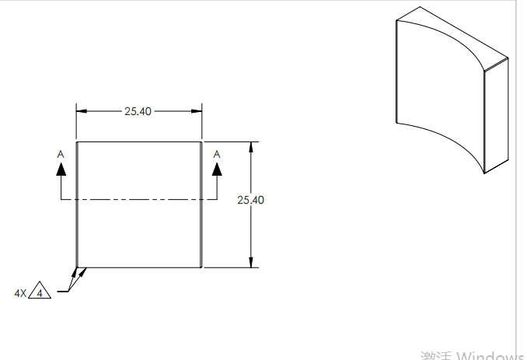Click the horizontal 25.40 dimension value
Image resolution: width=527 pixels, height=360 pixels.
pos(138,111)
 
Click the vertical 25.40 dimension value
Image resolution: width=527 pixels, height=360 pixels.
pos(250,200)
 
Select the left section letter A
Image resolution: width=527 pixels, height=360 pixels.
pos(61,154)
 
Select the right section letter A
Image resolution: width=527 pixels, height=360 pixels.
pos(217,154)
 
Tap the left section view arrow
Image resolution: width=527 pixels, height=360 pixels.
pos(61,171)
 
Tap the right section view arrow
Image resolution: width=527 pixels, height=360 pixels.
pos(217,171)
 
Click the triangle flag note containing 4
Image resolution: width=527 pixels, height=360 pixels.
pos(40,292)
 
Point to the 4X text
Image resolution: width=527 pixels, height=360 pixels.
pos(20,293)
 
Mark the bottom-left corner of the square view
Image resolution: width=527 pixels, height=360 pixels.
pos(76,267)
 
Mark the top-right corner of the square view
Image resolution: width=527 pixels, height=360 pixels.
pos(202,142)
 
